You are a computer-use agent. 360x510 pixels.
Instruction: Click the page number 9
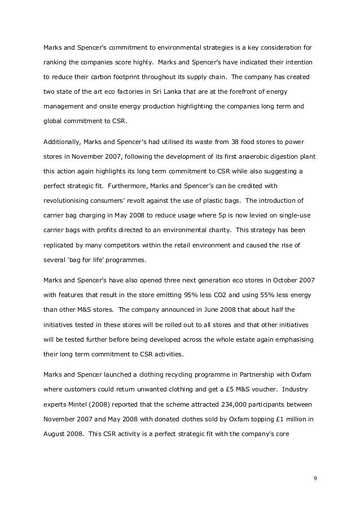pos(315,479)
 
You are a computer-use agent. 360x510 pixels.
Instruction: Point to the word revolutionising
pos(71,200)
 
